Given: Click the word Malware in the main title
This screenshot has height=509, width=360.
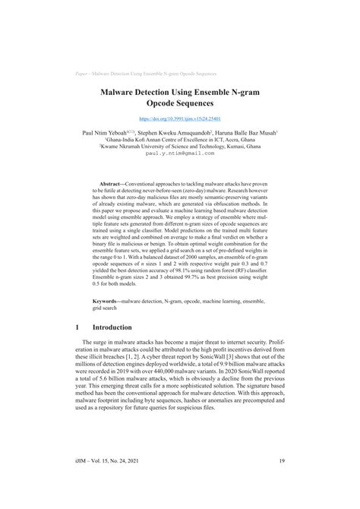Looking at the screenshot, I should [120, 89].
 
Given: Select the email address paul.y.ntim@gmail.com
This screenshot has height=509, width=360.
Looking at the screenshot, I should [180, 152].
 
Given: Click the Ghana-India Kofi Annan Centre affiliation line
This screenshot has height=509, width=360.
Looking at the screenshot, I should [180, 138].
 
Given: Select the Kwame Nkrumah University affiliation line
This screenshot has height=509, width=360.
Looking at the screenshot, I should [180, 145].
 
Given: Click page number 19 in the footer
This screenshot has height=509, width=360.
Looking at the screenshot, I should [281, 479].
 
